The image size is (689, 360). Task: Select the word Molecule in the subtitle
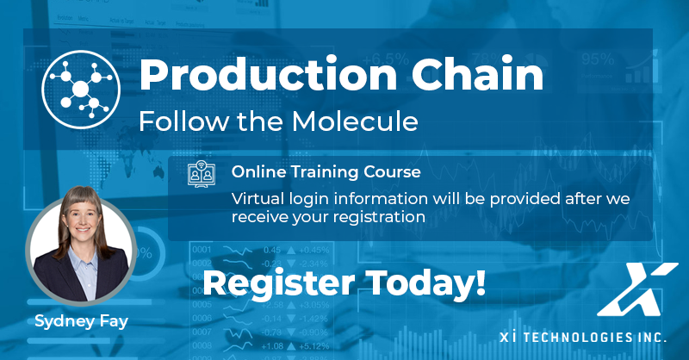pyautogui.click(x=355, y=121)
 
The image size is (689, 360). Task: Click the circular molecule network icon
pyautogui.click(x=81, y=90)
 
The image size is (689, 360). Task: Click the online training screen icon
pyautogui.click(x=202, y=174)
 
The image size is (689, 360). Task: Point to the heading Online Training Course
pyautogui.click(x=326, y=171)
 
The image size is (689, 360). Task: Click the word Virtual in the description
pyautogui.click(x=258, y=199)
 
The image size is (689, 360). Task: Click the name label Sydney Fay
pyautogui.click(x=81, y=321)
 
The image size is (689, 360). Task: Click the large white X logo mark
pyautogui.click(x=637, y=289)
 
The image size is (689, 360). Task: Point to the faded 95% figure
pyautogui.click(x=598, y=59)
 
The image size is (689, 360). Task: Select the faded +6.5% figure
pyautogui.click(x=386, y=59)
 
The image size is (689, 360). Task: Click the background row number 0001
pyautogui.click(x=202, y=250)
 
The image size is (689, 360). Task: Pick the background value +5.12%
pyautogui.click(x=314, y=346)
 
